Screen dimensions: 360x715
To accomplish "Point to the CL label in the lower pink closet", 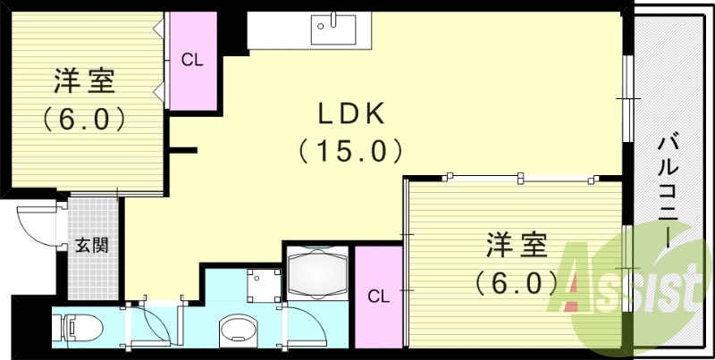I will click(378, 295).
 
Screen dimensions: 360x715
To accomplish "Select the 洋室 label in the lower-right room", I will click(516, 245).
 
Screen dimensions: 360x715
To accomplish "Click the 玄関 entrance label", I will click(91, 245).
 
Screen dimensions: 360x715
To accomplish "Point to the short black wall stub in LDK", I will click(183, 150).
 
